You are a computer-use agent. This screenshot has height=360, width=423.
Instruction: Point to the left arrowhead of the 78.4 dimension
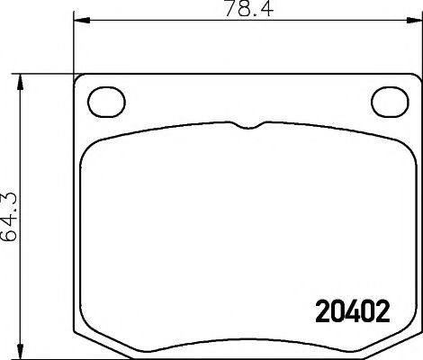point(77,20)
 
